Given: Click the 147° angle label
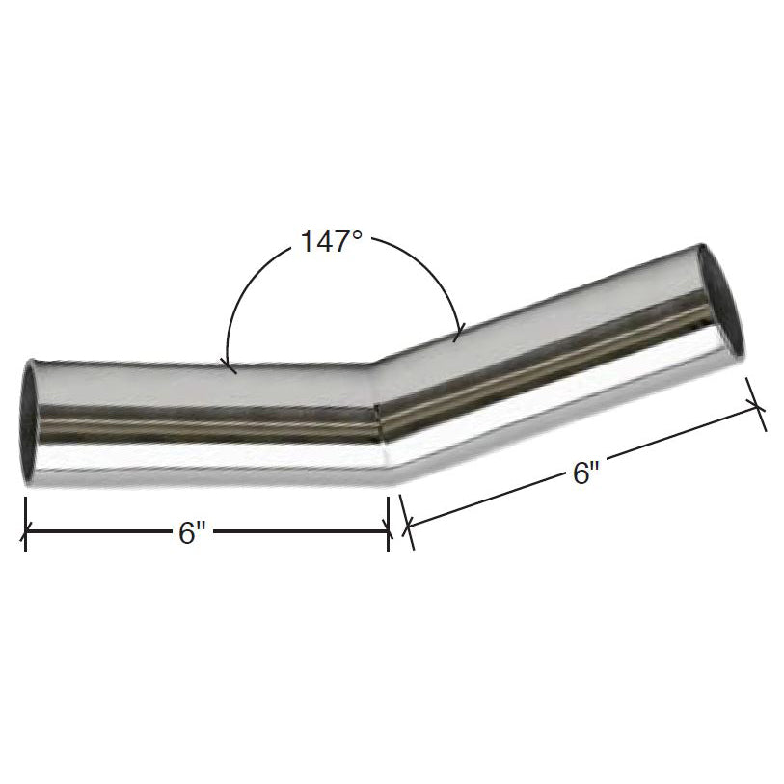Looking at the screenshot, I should click(x=330, y=242).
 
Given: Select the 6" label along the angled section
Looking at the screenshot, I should click(x=585, y=473).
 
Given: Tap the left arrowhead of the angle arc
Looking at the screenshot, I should click(x=228, y=365).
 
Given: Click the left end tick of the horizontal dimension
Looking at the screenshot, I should click(x=25, y=528).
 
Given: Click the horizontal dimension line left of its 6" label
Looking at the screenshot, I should click(x=96, y=529).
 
